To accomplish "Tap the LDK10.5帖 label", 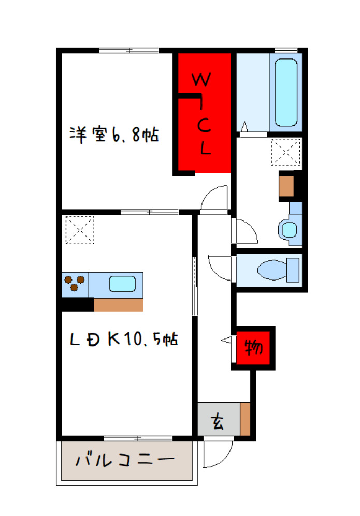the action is [124, 339].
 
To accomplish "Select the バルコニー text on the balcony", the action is [125, 460].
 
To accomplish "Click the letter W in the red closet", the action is [201, 80].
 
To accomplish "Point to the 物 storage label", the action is [254, 347].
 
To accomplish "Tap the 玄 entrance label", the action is [218, 421].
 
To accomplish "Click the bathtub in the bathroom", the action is [286, 93].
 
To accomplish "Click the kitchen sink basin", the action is [122, 284].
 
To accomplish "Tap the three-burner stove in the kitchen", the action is [75, 283].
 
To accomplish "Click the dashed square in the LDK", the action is [80, 230].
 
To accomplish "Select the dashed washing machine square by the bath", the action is [286, 152].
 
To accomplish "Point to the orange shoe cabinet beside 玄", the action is [245, 419].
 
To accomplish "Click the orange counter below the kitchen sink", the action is [119, 304].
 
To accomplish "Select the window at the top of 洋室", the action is [129, 50].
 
